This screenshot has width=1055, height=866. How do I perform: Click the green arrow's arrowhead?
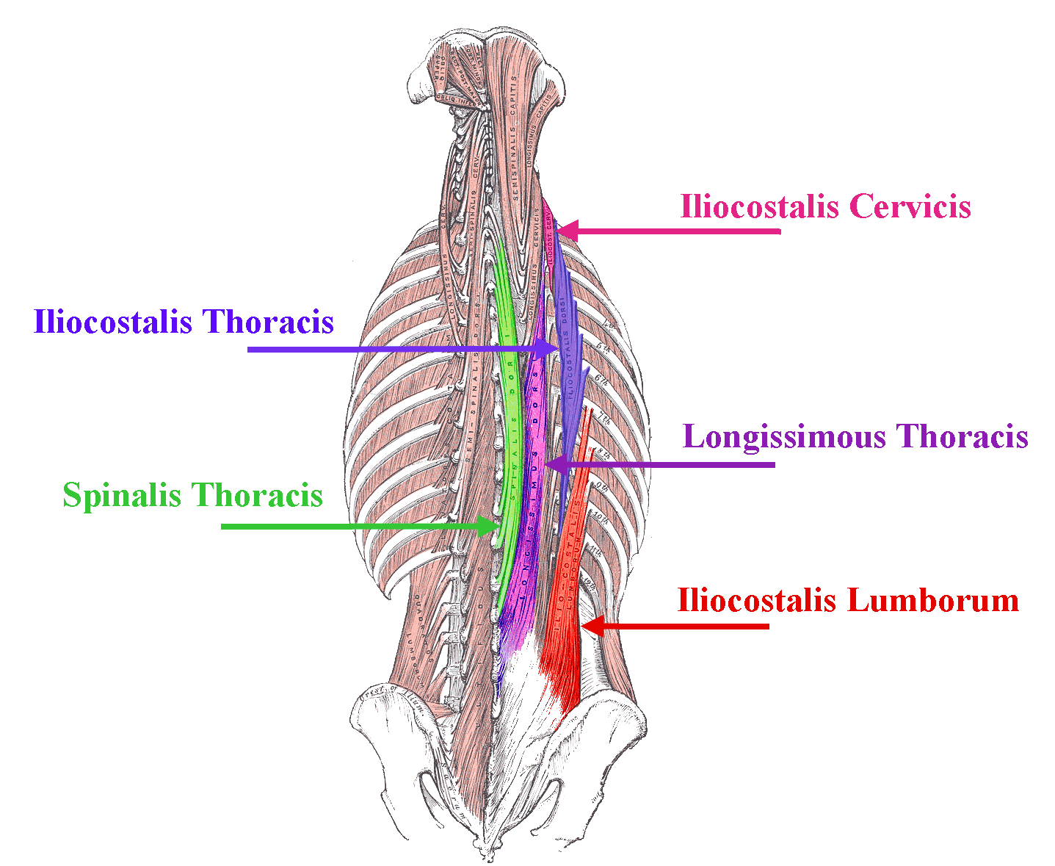click(x=487, y=526)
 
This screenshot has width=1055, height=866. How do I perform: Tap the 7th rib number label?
click(x=603, y=419)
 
